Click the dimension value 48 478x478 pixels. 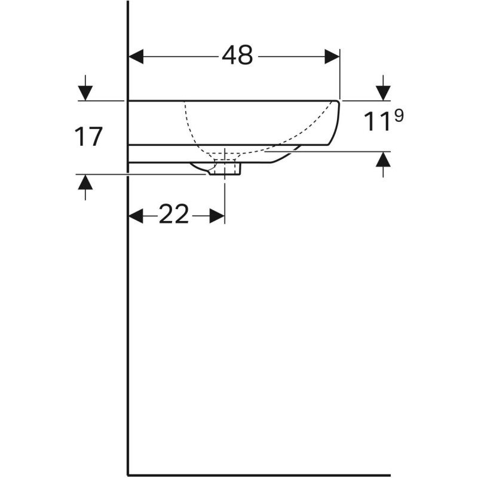237,56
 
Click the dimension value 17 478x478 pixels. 89,137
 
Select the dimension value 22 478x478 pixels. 174,215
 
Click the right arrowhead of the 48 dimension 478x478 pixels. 332,57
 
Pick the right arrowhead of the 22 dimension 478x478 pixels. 217,216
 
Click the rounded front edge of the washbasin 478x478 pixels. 338,122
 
